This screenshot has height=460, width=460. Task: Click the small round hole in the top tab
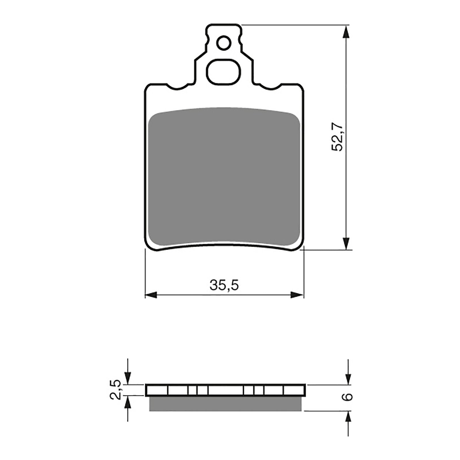pos(224,43)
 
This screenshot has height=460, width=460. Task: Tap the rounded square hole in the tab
pos(224,72)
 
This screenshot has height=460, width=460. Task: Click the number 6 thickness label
pos(348,397)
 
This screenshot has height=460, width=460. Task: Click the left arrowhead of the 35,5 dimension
pos(151,295)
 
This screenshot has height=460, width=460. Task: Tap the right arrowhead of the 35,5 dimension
pos(297,295)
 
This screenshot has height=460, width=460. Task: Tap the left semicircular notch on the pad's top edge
pos(178,87)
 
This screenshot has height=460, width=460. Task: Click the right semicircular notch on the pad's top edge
pos(270,87)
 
